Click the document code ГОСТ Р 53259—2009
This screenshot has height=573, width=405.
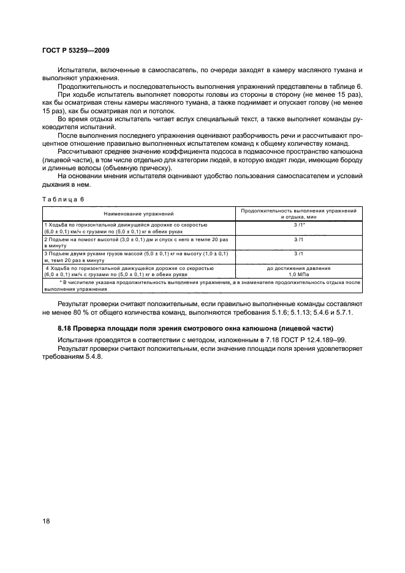(x=75, y=50)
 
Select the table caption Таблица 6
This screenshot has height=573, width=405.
(x=64, y=199)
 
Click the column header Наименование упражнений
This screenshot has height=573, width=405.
(x=138, y=214)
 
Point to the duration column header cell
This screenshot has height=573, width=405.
(x=298, y=214)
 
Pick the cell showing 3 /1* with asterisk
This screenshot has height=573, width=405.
(x=298, y=225)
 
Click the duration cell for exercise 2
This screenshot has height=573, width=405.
(x=298, y=239)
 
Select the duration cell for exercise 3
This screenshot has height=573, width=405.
(x=298, y=253)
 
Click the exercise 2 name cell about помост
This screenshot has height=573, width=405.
(x=138, y=242)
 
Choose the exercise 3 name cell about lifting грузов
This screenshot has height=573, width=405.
(x=138, y=257)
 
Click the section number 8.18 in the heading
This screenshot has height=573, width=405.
(x=66, y=329)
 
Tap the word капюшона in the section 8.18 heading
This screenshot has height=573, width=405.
(x=264, y=329)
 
